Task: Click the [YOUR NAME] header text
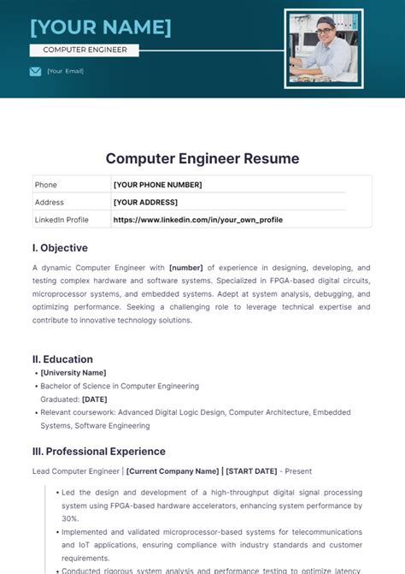pyautogui.click(x=100, y=27)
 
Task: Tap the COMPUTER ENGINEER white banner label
pyautogui.click(x=85, y=50)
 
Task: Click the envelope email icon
pyautogui.click(x=35, y=71)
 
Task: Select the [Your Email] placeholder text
pyautogui.click(x=65, y=71)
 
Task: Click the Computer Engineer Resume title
pyautogui.click(x=202, y=158)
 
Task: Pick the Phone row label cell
pyautogui.click(x=46, y=185)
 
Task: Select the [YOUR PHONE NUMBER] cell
pyautogui.click(x=157, y=185)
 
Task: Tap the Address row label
pyautogui.click(x=50, y=202)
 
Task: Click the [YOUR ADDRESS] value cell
pyautogui.click(x=145, y=202)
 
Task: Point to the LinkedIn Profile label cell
pyautogui.click(x=62, y=220)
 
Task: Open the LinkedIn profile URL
pyautogui.click(x=197, y=220)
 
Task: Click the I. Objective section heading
pyautogui.click(x=60, y=248)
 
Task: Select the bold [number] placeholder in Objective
pyautogui.click(x=186, y=268)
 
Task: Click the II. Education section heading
pyautogui.click(x=62, y=359)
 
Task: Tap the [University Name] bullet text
pyautogui.click(x=73, y=373)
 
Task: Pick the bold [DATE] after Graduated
pyautogui.click(x=95, y=399)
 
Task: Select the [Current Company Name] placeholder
pyautogui.click(x=172, y=471)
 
